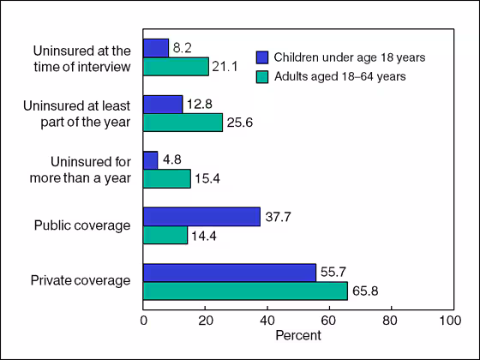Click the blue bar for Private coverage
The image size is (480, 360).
pyautogui.click(x=229, y=273)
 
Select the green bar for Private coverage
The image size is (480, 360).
pyautogui.click(x=245, y=291)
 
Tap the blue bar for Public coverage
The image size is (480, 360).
pyautogui.click(x=201, y=217)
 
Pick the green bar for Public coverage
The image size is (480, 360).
pyautogui.click(x=165, y=235)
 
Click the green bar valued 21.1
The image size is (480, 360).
pyautogui.click(x=176, y=66)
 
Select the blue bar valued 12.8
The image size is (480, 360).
pyautogui.click(x=163, y=104)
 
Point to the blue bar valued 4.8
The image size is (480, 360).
pyautogui.click(x=151, y=160)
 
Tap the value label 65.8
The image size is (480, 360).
pyautogui.click(x=366, y=291)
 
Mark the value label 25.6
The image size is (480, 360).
pyautogui.click(x=242, y=123)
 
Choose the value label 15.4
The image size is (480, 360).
pyautogui.click(x=210, y=179)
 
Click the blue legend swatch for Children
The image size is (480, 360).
pyautogui.click(x=264, y=57)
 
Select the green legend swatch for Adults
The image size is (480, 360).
pyautogui.click(x=264, y=75)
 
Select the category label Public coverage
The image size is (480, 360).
pyautogui.click(x=82, y=226)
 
